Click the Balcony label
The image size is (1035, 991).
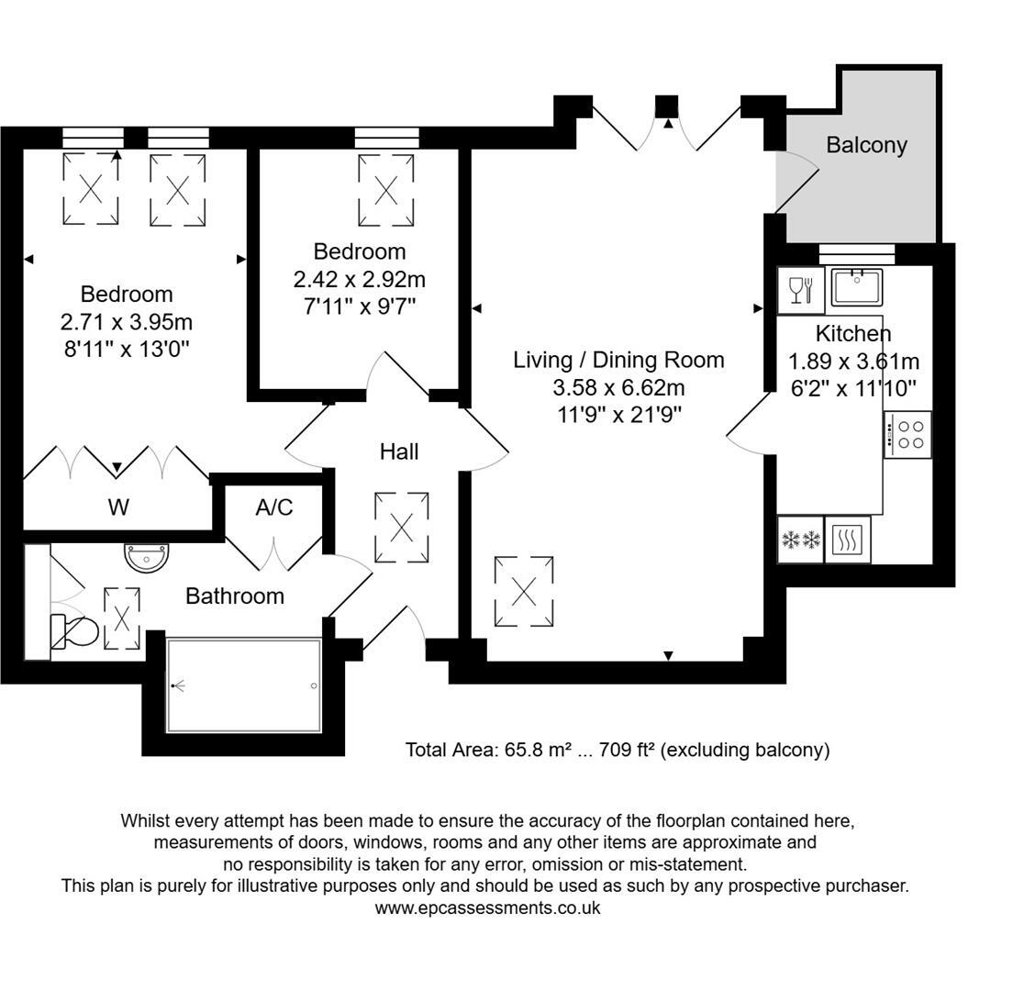tap(866, 145)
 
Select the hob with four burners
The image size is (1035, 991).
tap(907, 434)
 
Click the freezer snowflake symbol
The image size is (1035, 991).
tap(800, 540)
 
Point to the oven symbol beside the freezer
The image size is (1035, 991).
tap(847, 540)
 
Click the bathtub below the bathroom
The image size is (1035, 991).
tap(243, 685)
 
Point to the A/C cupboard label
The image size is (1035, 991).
tap(274, 507)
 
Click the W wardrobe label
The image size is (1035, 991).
tap(118, 507)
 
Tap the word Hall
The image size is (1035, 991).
tap(399, 451)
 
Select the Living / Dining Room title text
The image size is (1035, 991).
tap(618, 360)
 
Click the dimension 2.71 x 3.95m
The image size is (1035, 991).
tap(127, 322)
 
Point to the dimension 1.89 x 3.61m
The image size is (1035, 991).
tap(853, 362)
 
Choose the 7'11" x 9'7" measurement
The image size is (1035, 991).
tap(360, 306)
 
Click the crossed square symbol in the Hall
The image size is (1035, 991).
tap(402, 528)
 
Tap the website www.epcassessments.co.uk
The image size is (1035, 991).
tap(487, 908)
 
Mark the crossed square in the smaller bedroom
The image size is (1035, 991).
tap(386, 191)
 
